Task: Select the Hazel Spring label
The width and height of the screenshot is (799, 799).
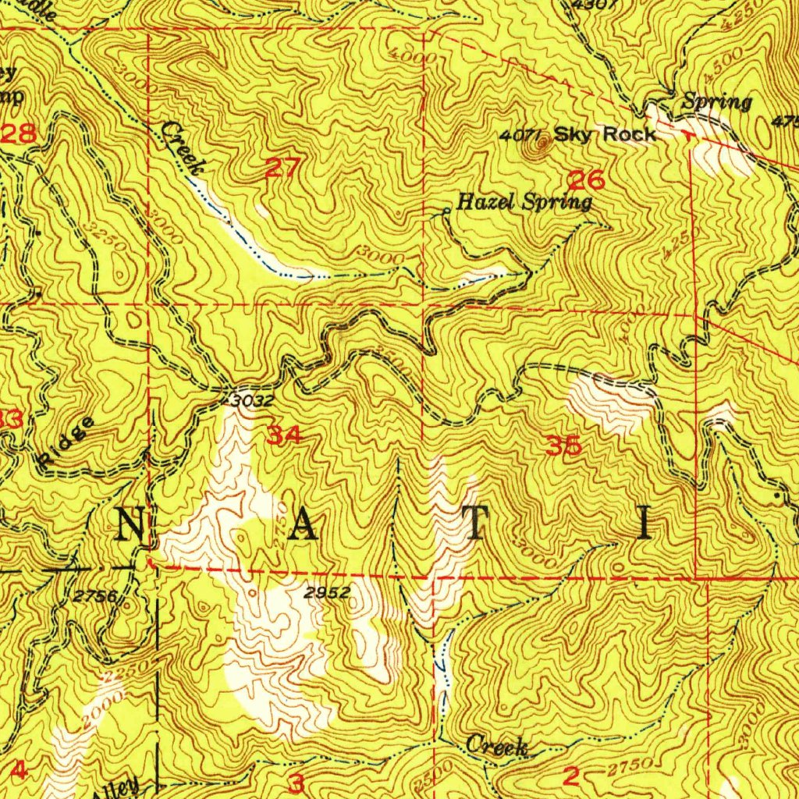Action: (x=524, y=203)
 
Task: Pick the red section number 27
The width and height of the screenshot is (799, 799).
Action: (x=280, y=167)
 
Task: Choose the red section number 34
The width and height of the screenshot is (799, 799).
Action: (x=283, y=435)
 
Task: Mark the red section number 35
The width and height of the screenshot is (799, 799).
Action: (x=563, y=446)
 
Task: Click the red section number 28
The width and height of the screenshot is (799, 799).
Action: (x=19, y=133)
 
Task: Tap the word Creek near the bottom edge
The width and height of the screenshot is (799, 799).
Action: (x=497, y=747)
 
